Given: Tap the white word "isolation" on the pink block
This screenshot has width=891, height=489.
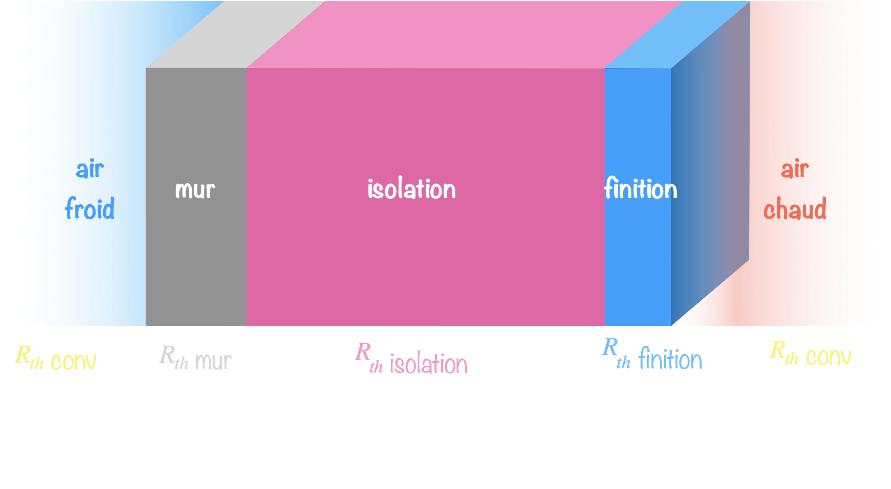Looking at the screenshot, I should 411,189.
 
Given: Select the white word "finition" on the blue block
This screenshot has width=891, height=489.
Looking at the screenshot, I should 640,189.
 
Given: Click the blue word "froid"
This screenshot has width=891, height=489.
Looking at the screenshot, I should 90,209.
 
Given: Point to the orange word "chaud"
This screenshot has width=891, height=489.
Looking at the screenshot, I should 795,209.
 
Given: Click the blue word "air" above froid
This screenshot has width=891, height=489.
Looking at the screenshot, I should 90,169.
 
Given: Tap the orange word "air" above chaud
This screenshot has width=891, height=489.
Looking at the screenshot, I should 795,169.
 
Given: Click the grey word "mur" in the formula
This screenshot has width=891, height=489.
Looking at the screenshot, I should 213,361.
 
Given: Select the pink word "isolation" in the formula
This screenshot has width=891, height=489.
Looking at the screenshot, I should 428,364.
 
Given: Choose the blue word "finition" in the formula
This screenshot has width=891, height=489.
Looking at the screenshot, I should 670,360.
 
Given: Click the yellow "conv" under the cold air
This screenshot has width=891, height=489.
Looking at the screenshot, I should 73,361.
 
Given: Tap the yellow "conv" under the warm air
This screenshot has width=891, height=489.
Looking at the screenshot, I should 828,357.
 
